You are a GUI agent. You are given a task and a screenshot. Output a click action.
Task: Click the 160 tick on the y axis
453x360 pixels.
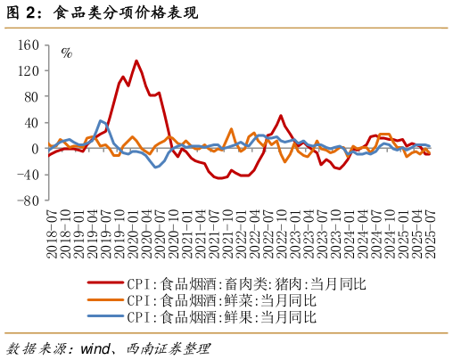click(x=29, y=45)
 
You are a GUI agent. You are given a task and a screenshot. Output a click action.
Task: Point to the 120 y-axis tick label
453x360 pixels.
click(x=29, y=70)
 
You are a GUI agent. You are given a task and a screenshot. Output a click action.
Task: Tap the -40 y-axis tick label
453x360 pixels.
click(x=29, y=175)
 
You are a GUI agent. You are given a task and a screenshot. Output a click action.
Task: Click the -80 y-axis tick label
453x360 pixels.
click(x=29, y=200)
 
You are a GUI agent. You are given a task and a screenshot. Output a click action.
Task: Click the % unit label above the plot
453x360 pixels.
click(x=66, y=53)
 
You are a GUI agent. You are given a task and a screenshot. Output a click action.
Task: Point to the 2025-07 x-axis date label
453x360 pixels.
click(x=431, y=233)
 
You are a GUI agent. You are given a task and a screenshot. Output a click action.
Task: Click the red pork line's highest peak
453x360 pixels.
click(x=136, y=61)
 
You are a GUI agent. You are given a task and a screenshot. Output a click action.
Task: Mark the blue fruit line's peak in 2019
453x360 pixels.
click(x=101, y=120)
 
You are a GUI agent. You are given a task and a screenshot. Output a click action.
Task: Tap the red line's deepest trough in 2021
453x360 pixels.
click(x=219, y=178)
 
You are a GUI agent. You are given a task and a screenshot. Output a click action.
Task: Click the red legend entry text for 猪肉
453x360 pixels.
click(x=246, y=284)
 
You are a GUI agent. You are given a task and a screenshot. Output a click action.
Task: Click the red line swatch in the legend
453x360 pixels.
click(x=104, y=284)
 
